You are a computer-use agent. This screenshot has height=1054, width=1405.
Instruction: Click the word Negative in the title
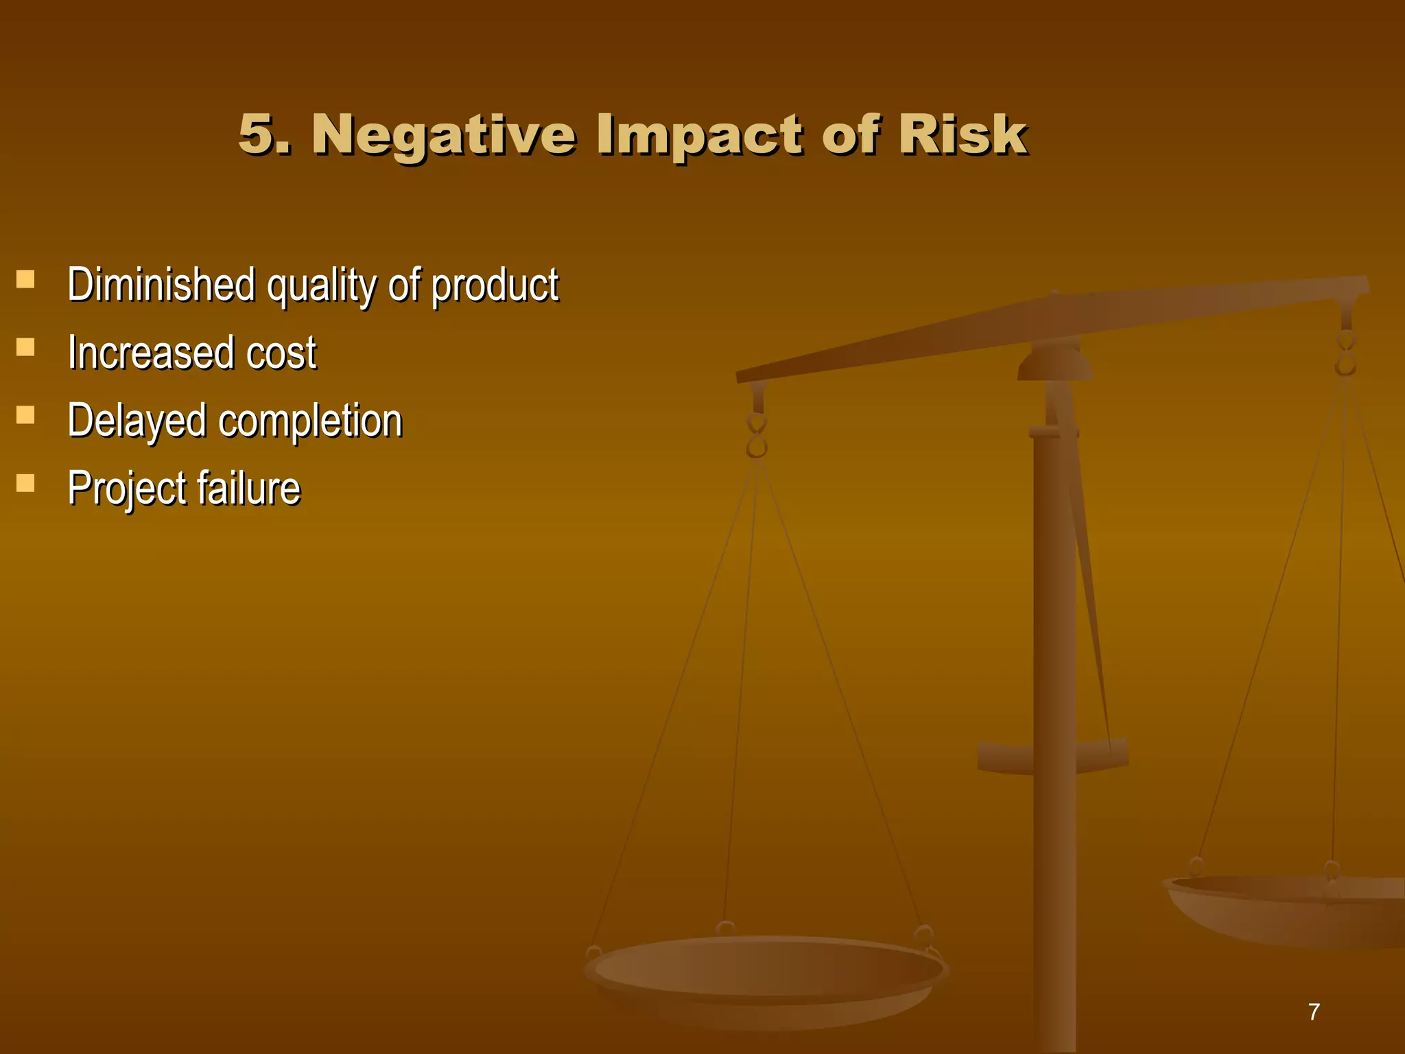(443, 134)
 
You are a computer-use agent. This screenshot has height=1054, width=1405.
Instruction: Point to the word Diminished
(161, 284)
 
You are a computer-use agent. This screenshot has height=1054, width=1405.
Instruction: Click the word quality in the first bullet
(321, 285)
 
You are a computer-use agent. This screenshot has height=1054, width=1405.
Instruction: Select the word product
(495, 285)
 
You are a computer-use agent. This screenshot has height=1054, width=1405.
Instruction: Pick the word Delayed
(137, 421)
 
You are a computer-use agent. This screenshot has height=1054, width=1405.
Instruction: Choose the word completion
(310, 421)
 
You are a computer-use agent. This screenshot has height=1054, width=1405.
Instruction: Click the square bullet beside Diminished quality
(25, 279)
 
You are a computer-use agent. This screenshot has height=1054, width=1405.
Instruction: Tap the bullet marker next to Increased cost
(25, 347)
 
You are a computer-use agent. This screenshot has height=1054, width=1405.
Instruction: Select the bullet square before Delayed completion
(25, 414)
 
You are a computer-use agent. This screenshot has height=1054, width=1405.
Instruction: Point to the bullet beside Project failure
(25, 483)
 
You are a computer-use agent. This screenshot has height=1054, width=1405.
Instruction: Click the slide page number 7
(1313, 1012)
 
